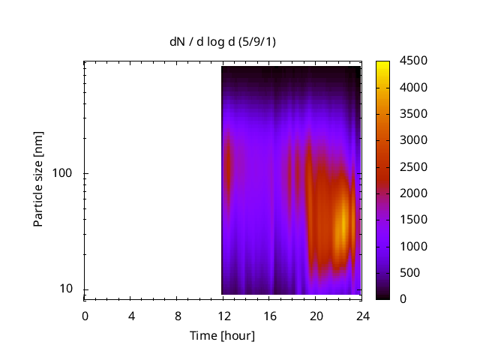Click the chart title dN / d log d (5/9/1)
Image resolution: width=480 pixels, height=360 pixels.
click(x=222, y=41)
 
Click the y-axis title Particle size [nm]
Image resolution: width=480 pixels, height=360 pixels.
click(x=38, y=179)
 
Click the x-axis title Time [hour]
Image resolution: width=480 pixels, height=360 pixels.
click(x=222, y=335)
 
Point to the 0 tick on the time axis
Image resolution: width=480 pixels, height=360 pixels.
click(x=85, y=316)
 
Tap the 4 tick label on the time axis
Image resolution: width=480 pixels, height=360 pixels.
click(x=131, y=316)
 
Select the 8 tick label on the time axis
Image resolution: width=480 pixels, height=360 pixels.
click(x=178, y=316)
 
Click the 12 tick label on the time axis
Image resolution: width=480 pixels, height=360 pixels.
click(x=223, y=316)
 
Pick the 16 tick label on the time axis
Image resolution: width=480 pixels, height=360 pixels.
click(x=270, y=316)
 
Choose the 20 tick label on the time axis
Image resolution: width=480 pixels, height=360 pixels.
click(x=316, y=316)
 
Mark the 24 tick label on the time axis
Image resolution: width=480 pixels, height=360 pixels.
click(x=362, y=316)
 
